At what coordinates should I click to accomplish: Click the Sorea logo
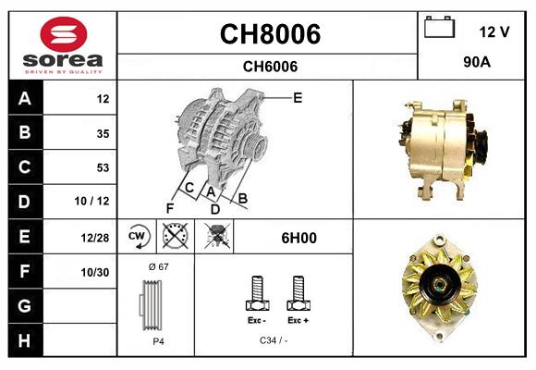coord(62,45)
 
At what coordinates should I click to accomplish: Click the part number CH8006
coord(269,34)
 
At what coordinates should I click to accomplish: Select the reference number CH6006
coord(269,66)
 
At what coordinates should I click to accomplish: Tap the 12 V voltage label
coord(494,32)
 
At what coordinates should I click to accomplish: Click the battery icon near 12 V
coord(440,29)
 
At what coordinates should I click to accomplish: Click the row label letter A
coord(24,99)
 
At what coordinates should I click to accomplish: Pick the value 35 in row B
coord(103,133)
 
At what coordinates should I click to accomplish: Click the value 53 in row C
coord(103,167)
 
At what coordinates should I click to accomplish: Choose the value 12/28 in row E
coord(96,238)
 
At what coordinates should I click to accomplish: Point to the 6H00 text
coord(298,238)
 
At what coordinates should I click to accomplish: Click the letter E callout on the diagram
coord(298,97)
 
